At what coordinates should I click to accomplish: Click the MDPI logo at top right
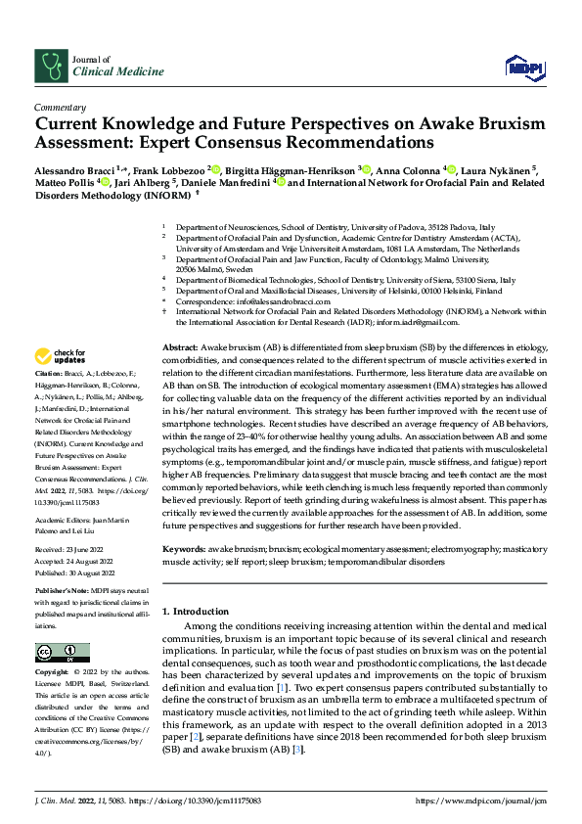coord(524,66)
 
